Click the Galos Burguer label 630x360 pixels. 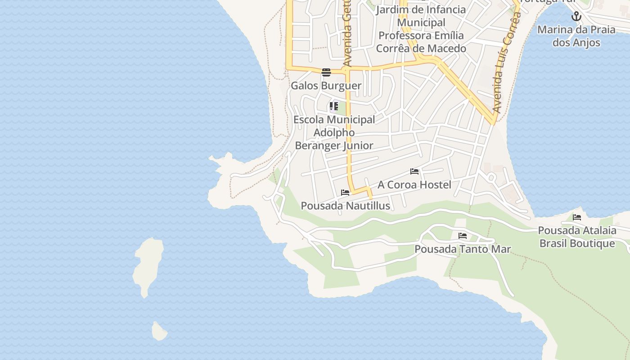(326, 85)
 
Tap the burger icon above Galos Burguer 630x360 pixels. (326, 72)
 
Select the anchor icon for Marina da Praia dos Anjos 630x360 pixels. (576, 17)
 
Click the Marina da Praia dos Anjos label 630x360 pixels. (576, 36)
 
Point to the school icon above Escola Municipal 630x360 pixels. (333, 107)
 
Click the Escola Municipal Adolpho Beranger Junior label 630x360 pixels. (334, 132)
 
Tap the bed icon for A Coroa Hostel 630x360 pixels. (414, 171)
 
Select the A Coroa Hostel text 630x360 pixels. (414, 184)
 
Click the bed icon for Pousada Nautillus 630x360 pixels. (345, 193)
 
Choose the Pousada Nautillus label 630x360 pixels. (345, 206)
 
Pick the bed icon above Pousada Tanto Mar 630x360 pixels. (462, 236)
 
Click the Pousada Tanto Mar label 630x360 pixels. (463, 249)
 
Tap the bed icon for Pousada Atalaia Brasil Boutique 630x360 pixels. (577, 217)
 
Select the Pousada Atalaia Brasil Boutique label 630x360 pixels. (577, 237)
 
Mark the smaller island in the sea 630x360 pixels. (159, 332)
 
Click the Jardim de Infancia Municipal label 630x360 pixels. (421, 16)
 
